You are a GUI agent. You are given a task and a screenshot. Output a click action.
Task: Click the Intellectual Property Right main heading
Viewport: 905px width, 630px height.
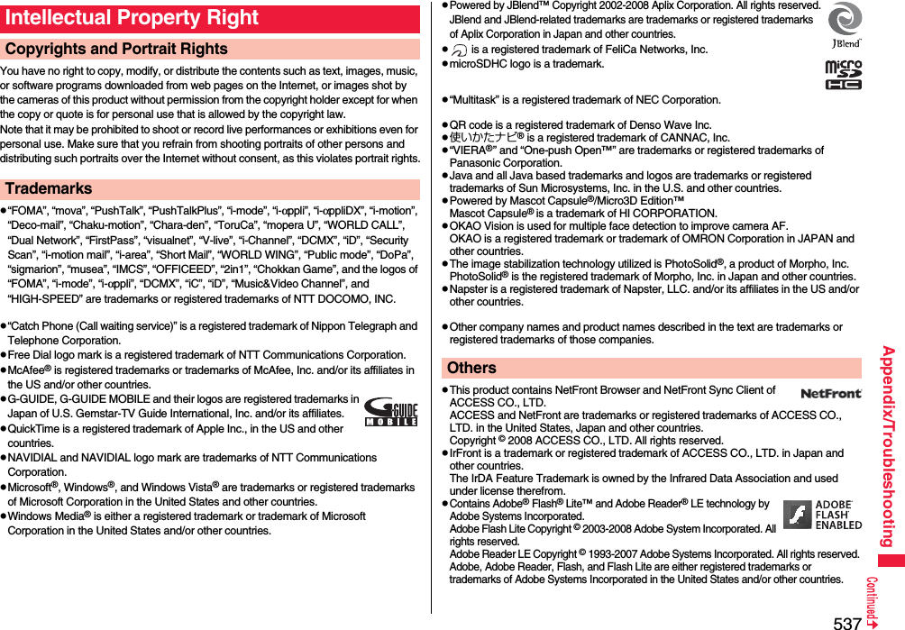click(x=132, y=18)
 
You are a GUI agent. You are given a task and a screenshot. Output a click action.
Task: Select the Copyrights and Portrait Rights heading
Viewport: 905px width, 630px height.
click(x=116, y=50)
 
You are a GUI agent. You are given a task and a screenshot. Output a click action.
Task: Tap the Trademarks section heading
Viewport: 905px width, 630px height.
click(x=49, y=189)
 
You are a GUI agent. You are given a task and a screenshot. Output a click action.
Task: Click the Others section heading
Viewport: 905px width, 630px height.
click(x=471, y=368)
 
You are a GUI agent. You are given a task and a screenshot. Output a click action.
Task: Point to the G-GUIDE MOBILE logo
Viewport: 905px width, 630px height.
click(x=390, y=412)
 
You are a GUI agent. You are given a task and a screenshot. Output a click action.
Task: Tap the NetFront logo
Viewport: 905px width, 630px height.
click(x=830, y=393)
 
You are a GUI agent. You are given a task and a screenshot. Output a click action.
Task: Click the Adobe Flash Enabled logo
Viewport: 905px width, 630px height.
click(x=822, y=515)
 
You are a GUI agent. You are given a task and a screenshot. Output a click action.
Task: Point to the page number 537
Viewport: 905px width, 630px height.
click(x=846, y=622)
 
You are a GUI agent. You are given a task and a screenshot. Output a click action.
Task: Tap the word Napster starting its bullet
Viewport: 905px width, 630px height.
click(x=471, y=289)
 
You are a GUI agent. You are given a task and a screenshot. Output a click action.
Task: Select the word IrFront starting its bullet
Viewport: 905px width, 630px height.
click(x=466, y=453)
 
